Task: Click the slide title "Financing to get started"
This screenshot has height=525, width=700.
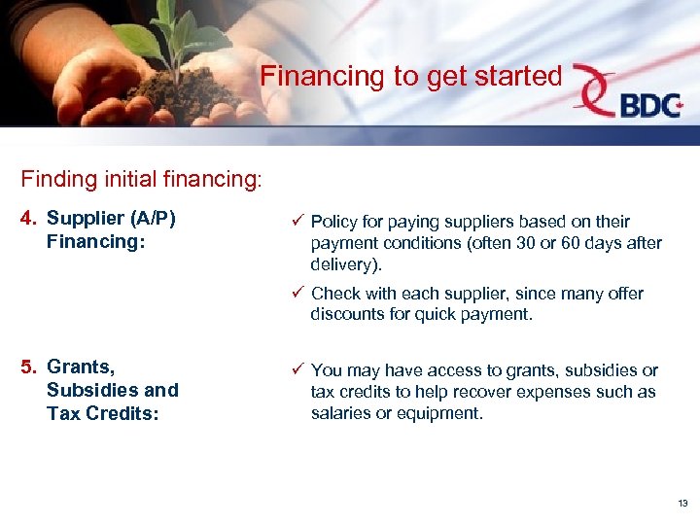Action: pos(411,75)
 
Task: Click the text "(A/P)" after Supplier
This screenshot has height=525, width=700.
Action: pos(153,219)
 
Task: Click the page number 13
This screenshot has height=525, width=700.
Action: pos(682,503)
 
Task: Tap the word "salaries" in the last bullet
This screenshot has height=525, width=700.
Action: pos(339,413)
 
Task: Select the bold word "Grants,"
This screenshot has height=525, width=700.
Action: pos(81,367)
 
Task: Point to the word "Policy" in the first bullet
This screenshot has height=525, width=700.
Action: pos(333,222)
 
